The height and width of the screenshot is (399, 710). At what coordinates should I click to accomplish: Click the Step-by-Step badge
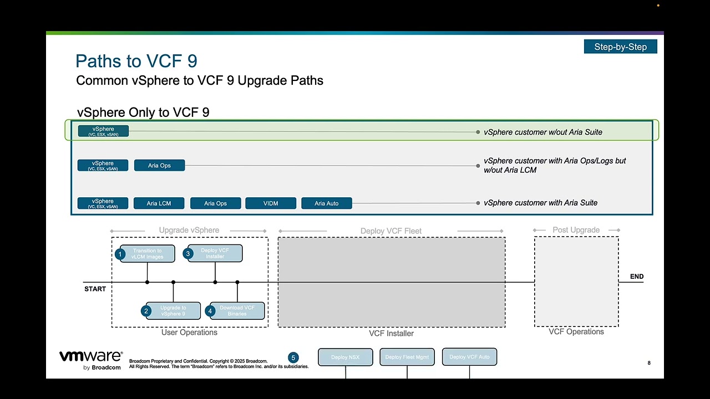pos(620,47)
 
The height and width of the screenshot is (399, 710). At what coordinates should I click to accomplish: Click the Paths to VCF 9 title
pos(136,61)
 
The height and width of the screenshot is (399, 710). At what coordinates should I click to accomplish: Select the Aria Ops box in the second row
pos(159,165)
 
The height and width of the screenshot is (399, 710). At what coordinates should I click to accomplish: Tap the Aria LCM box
pos(159,203)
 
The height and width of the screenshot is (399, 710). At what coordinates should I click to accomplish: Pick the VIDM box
pos(271,203)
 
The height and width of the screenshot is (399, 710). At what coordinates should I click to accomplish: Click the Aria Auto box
pos(326,203)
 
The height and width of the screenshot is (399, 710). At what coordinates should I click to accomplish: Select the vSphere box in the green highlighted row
pos(103,131)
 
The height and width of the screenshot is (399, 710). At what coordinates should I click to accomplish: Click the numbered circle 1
pos(120,254)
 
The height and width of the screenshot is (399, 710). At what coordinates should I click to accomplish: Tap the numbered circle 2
pos(146,311)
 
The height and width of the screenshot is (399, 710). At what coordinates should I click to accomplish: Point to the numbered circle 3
pos(188,254)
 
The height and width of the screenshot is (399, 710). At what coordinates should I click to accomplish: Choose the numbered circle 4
pos(210,311)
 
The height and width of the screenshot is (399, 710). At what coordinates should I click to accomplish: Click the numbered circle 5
pos(293,357)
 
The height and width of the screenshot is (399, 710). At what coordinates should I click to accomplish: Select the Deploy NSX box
pos(345,357)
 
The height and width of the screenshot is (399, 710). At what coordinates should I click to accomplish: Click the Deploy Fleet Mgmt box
pos(407,357)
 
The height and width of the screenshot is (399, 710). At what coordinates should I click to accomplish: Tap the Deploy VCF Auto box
pos(469,357)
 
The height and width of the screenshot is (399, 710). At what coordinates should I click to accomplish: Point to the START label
pos(95,289)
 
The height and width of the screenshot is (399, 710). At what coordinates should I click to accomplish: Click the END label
pos(637,277)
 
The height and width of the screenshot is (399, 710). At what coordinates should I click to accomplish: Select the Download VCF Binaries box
pos(237,311)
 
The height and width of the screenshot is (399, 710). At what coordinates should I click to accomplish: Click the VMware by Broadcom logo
pos(90,360)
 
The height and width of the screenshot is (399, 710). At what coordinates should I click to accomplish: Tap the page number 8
pos(649,363)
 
